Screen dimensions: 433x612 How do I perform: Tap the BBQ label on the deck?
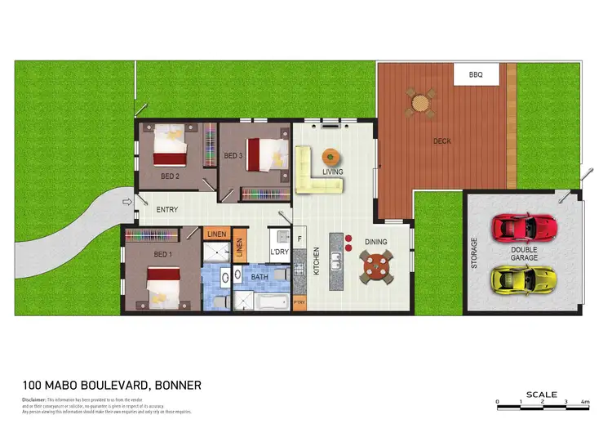coord(475,75)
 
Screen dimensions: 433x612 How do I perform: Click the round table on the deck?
coord(419,104)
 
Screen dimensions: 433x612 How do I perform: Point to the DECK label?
coord(441,141)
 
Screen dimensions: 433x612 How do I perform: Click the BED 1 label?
coord(163,255)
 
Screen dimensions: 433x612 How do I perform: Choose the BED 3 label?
coord(233,155)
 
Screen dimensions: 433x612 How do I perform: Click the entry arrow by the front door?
coord(126,202)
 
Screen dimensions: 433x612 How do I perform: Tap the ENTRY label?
coord(166,210)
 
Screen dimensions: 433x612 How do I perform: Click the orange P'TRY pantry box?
coord(299,303)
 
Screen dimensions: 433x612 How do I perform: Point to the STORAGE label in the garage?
coord(474,252)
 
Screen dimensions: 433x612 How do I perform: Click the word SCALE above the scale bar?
coord(542,394)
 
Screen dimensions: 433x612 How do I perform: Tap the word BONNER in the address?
coord(173,385)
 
